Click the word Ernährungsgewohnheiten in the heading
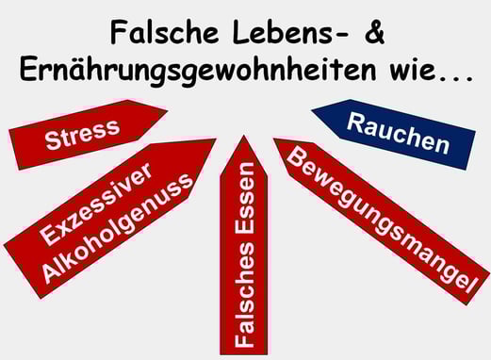click(202, 71)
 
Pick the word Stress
click(83, 135)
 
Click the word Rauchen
click(397, 134)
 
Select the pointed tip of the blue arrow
click(313, 110)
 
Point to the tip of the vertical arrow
click(244, 139)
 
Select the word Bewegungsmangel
click(378, 217)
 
